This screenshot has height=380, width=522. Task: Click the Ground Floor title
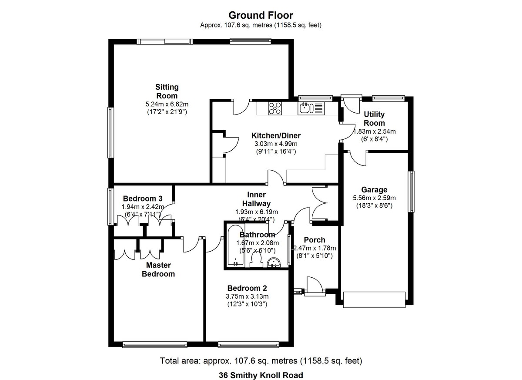(x=261, y=16)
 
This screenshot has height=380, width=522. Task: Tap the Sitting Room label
(x=167, y=91)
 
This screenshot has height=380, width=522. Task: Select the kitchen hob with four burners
(x=275, y=108)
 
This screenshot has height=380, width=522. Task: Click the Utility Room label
(x=374, y=119)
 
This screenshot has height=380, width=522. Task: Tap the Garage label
(x=374, y=190)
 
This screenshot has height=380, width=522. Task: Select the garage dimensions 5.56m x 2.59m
(x=374, y=198)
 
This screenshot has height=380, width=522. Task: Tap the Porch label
(x=314, y=240)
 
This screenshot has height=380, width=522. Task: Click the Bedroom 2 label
(x=247, y=288)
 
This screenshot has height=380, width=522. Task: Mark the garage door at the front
(x=374, y=299)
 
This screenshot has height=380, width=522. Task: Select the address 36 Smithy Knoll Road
(x=261, y=375)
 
